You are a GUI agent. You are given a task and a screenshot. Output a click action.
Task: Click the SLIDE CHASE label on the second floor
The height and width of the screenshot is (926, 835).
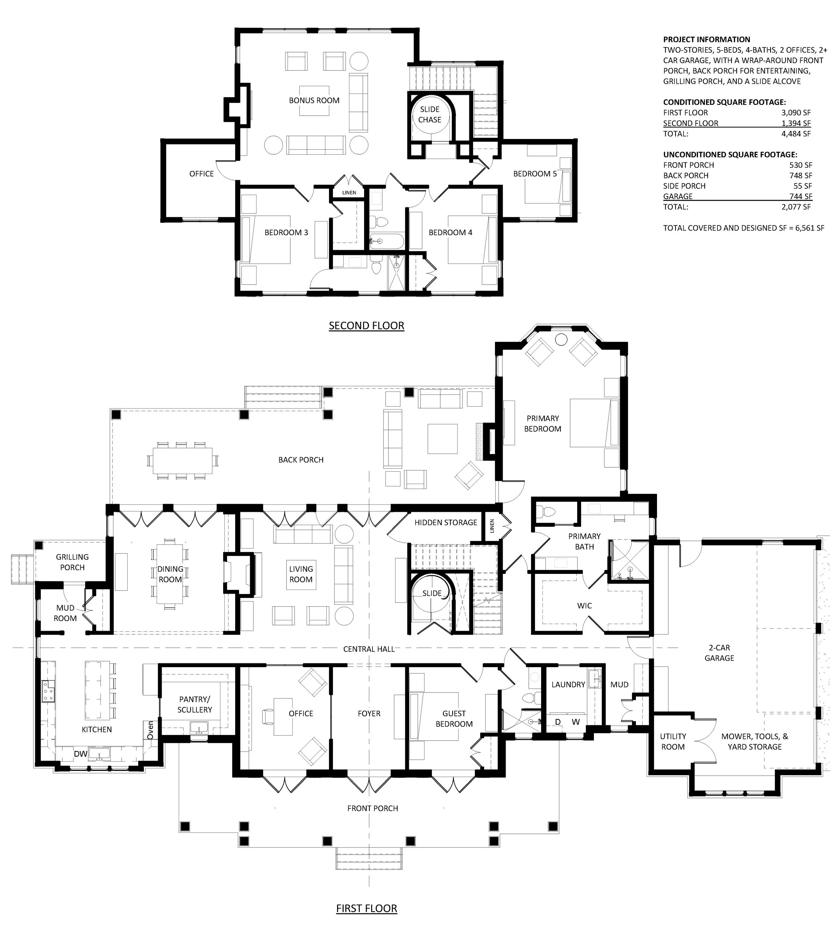[x=430, y=114]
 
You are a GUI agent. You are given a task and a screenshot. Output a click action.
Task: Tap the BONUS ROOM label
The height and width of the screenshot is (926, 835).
[x=314, y=101]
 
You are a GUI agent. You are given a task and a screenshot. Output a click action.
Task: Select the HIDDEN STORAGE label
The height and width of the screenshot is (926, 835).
[x=446, y=523]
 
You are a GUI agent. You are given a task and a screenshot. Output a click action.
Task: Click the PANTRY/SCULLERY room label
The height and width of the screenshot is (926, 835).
[x=194, y=705]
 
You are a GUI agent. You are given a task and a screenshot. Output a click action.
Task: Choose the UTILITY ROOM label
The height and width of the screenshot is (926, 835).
[x=673, y=742]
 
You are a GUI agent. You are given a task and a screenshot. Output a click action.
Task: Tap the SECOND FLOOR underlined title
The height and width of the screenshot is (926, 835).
[x=367, y=326]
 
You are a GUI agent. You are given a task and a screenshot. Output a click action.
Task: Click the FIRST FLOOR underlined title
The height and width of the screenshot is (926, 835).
[x=367, y=908]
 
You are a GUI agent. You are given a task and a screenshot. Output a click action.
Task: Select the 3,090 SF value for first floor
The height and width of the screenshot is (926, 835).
[x=796, y=113]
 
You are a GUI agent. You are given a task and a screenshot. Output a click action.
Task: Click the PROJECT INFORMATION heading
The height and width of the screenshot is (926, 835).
[x=706, y=39]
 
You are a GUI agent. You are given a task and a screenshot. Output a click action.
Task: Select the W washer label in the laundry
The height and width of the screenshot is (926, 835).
[x=576, y=722]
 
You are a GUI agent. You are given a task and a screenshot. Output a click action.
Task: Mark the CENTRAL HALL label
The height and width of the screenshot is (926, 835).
[x=369, y=649]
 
